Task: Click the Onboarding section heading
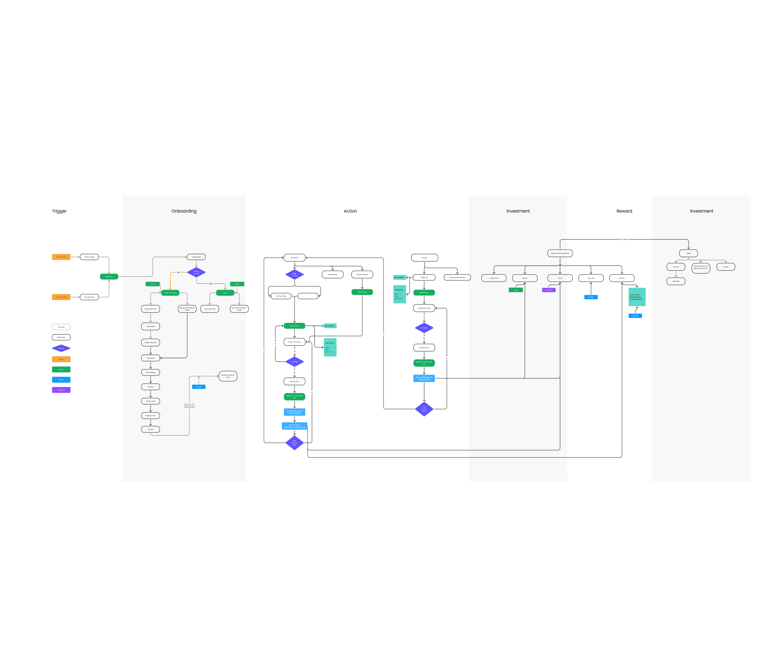184,211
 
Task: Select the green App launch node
109,276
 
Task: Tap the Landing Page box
196,257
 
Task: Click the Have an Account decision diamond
196,272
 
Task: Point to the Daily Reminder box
89,297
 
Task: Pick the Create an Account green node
170,292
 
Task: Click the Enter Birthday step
151,372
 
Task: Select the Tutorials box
151,429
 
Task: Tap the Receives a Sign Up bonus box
228,376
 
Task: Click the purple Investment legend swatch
61,390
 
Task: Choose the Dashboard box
295,258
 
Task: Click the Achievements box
333,275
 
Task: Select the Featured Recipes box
362,275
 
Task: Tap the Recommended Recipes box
457,278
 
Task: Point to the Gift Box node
622,278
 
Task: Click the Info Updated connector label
624,239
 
